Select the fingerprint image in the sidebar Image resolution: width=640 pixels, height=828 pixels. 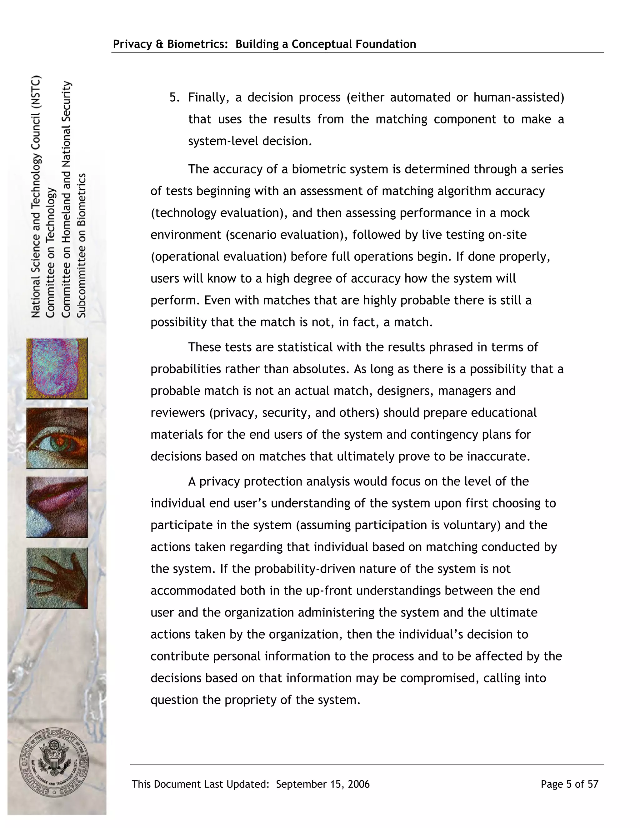57,368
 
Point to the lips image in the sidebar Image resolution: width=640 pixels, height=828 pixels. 57,507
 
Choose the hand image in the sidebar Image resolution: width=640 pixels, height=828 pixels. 57,578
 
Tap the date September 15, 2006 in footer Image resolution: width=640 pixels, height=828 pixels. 322,784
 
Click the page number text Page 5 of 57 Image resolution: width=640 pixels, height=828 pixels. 569,784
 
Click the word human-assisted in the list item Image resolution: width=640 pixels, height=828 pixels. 519,97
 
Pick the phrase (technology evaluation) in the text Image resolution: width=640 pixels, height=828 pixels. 217,213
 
